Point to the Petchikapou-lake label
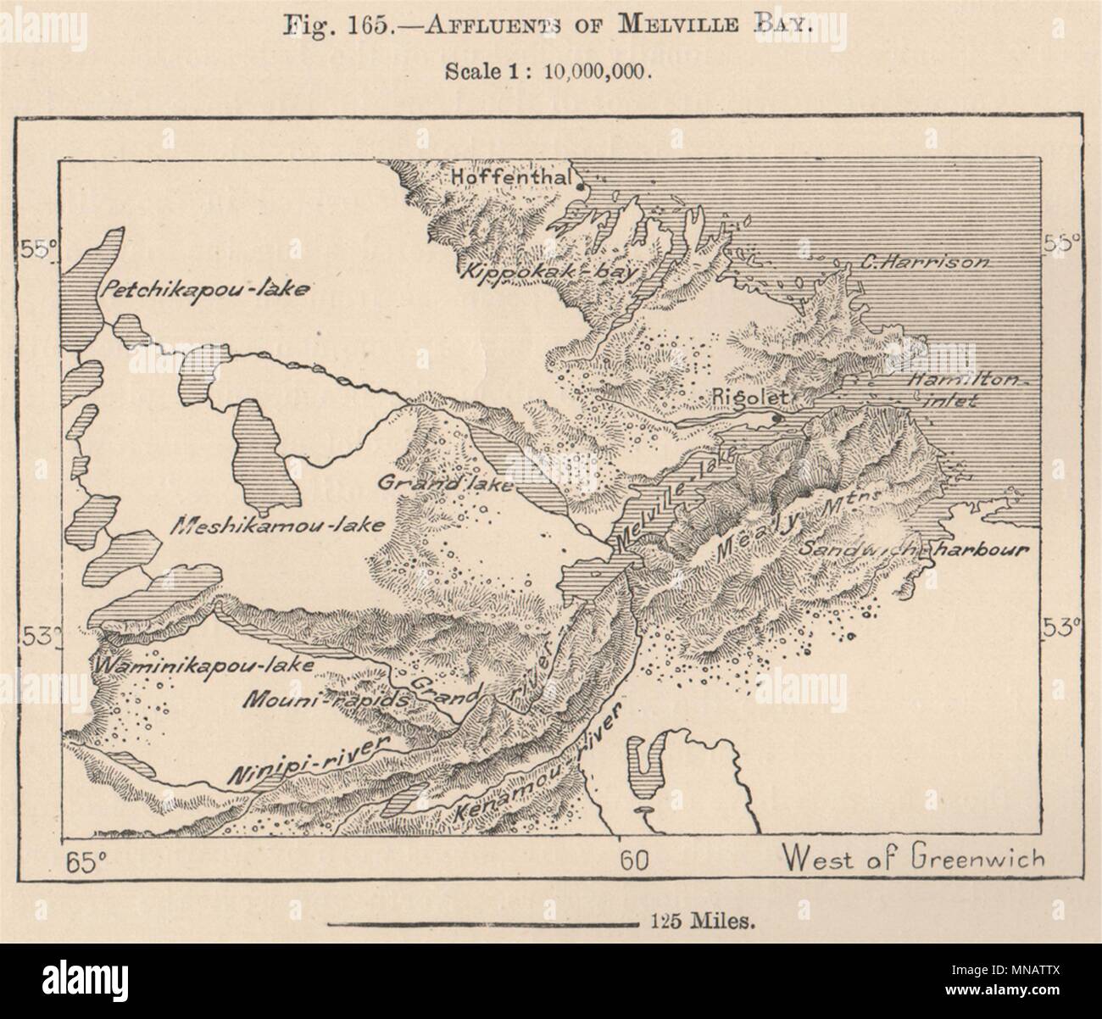click(x=205, y=288)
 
